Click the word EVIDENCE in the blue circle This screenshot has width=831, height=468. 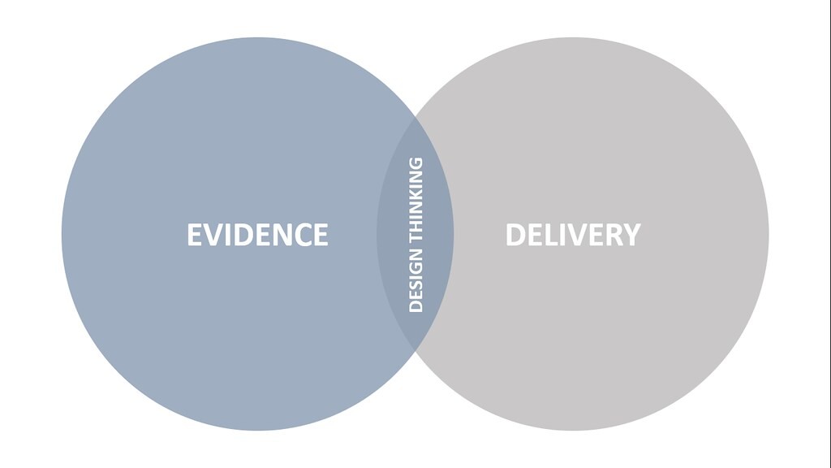(257, 235)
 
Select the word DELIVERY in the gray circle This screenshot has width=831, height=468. (573, 235)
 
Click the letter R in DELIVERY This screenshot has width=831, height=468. (612, 235)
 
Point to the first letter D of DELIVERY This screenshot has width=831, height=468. (515, 235)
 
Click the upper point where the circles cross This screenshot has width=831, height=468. (415, 115)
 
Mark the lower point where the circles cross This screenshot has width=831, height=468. (415, 352)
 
